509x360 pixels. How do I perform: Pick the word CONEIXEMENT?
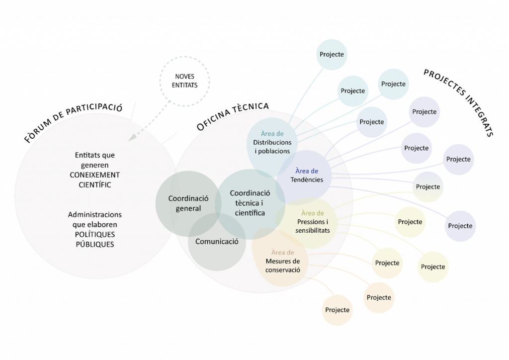95,175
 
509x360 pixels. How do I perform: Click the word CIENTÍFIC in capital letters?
95,185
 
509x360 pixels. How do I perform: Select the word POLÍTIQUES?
95,234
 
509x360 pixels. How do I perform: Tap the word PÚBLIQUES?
95,244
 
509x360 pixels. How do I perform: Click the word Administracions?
95,214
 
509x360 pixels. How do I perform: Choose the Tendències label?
307,180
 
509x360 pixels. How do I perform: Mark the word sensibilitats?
312,230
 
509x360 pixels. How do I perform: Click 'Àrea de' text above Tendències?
307,171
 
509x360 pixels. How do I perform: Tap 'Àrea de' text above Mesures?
283,253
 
